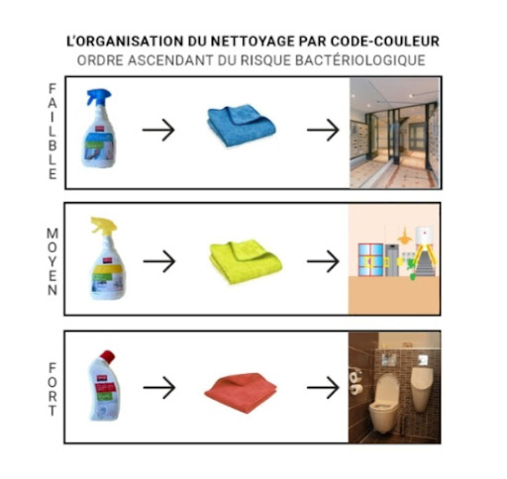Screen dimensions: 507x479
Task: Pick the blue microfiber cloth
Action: [x=242, y=126]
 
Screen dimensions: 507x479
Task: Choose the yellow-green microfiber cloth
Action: [x=246, y=262]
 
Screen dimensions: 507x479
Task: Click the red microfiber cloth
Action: [x=241, y=393]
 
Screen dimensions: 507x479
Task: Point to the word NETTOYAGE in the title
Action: [x=253, y=42]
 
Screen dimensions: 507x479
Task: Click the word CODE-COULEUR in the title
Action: [x=385, y=42]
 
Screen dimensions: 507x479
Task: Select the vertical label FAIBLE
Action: [x=52, y=132]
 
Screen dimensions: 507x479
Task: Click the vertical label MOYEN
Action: [x=52, y=261]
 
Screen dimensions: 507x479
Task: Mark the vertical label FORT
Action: [x=52, y=389]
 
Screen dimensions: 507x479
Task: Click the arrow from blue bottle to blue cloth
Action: [x=158, y=130]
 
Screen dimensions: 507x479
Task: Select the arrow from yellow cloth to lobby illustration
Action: [x=323, y=261]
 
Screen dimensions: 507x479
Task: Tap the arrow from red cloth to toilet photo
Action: [x=323, y=387]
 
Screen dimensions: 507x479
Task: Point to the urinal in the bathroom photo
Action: [x=422, y=389]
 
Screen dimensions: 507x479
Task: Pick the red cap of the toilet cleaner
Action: [x=108, y=356]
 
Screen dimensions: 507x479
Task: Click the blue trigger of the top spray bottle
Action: [x=98, y=96]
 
